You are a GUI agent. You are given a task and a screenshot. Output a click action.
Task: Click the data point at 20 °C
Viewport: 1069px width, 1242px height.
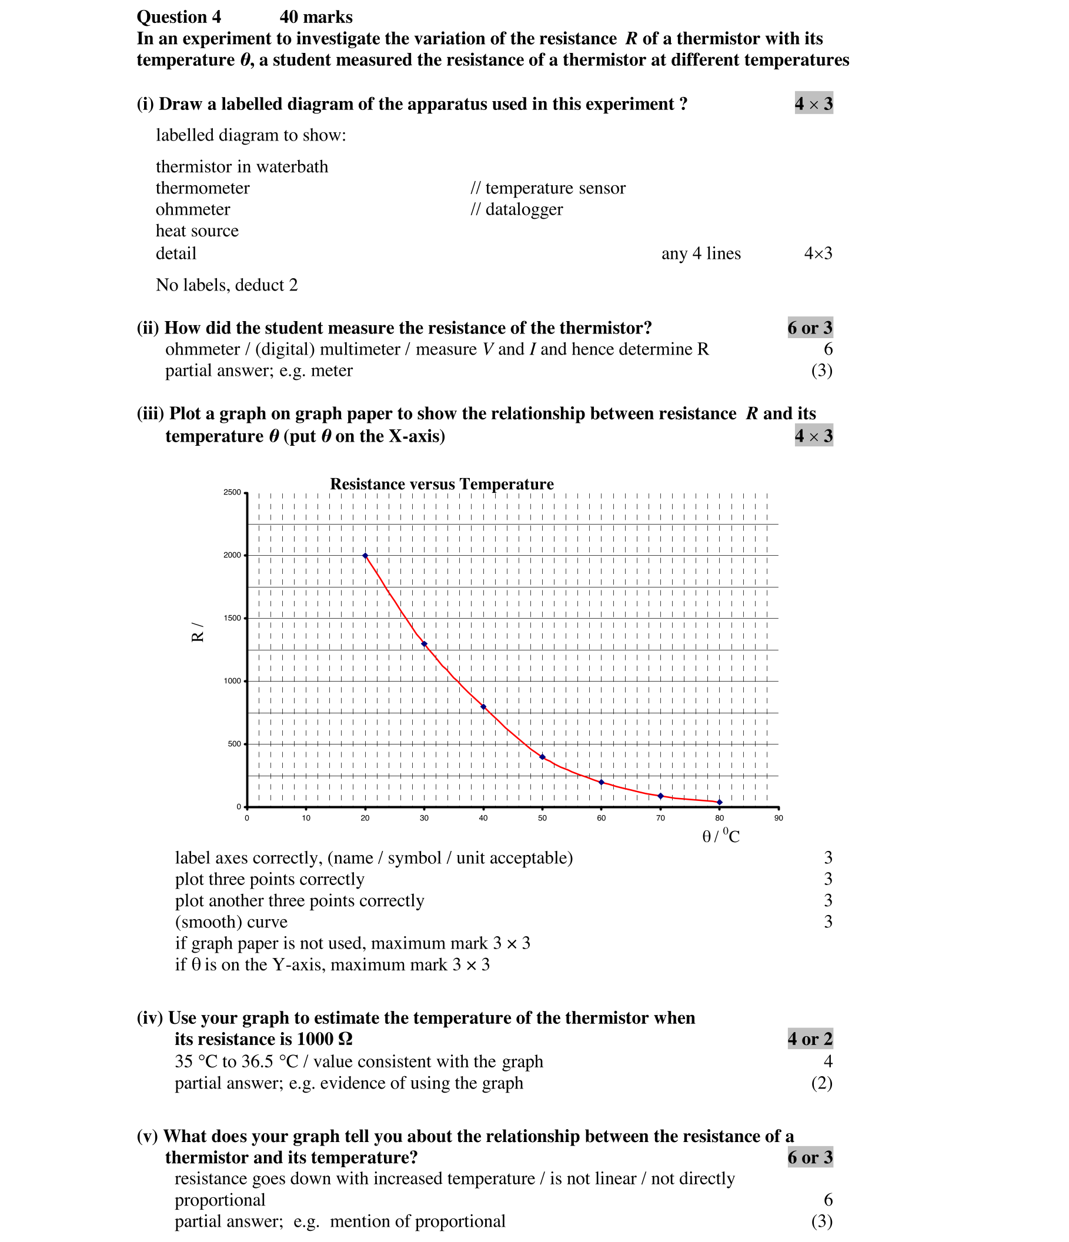click(365, 556)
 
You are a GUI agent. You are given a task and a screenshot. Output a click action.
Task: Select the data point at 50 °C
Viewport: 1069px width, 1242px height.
click(542, 757)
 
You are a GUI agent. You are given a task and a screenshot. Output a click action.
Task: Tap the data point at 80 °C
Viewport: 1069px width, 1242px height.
click(720, 802)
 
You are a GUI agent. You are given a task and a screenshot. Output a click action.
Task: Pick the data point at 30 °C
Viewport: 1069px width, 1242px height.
click(424, 644)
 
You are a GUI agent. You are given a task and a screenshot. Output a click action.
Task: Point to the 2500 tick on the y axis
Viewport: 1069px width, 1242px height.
click(232, 492)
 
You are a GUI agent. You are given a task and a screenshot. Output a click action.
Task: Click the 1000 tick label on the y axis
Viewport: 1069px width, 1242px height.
click(232, 681)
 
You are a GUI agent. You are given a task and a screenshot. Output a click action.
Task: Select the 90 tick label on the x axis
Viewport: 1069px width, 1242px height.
click(779, 818)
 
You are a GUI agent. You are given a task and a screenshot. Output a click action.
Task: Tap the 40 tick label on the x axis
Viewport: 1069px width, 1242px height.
click(483, 818)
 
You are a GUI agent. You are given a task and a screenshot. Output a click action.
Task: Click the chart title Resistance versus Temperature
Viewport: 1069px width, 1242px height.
click(442, 484)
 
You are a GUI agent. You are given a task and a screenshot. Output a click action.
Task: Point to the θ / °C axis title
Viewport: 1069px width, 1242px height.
click(721, 836)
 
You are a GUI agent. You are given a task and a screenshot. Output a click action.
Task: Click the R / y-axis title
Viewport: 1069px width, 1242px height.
click(197, 632)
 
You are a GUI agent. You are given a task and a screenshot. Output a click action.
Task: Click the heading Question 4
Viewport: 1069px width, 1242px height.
click(179, 17)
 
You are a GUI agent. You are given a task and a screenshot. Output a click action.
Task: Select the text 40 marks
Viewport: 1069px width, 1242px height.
click(316, 17)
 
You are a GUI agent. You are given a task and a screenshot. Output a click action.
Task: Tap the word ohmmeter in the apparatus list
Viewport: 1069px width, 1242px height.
click(192, 209)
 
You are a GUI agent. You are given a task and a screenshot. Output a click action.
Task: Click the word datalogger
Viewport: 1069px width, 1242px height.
click(524, 209)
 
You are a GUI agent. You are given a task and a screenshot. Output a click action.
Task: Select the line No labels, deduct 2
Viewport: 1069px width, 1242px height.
click(226, 285)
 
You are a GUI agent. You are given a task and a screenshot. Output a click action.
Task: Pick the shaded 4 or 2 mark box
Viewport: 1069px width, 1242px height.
click(810, 1039)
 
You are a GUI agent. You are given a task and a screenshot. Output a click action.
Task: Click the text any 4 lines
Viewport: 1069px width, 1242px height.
click(700, 253)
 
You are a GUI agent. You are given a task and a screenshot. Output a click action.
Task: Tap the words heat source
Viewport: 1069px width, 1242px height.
click(196, 231)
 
